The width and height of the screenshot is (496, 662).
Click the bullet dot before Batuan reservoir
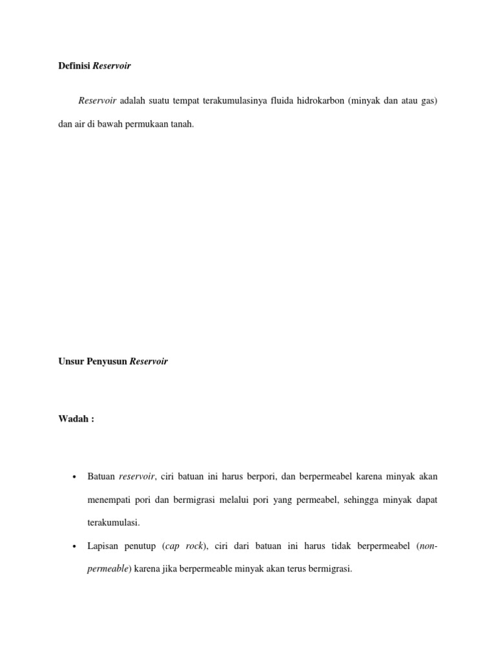(75, 478)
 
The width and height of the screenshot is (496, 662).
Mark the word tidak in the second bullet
(338, 547)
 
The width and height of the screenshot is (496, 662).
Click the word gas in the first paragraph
(429, 102)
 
